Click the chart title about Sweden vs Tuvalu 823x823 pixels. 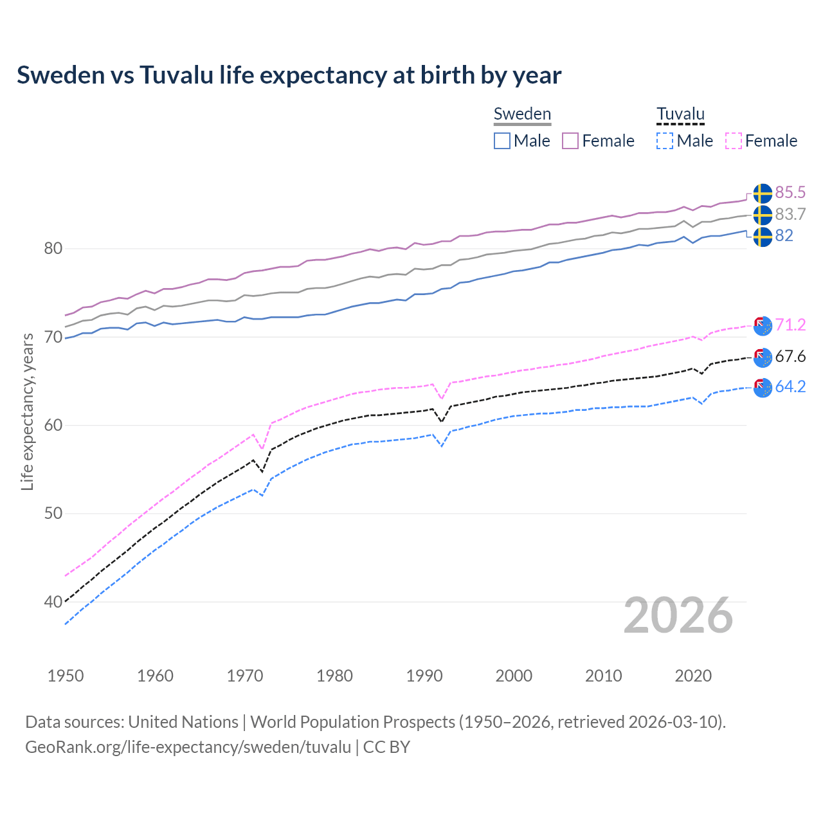tap(289, 75)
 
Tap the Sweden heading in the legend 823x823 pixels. tap(522, 114)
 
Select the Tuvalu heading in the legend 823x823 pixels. tap(680, 114)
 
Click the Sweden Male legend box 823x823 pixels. tap(502, 141)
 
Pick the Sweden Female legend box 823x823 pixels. tap(570, 141)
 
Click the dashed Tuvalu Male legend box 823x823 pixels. tap(665, 141)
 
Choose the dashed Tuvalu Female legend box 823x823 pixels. tap(734, 141)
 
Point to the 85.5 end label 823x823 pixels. tap(790, 192)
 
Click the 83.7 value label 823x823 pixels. tap(790, 214)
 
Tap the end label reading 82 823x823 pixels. tap(784, 236)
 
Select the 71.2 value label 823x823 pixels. tap(790, 325)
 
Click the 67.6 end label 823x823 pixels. tap(790, 356)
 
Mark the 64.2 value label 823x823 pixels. tap(790, 386)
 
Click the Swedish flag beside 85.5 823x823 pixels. tap(763, 193)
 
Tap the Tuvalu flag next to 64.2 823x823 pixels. tap(763, 388)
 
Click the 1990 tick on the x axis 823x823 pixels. tap(424, 676)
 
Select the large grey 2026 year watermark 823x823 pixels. tap(678, 615)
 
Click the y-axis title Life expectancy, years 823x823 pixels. tap(28, 411)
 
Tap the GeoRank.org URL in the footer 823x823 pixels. tap(188, 747)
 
